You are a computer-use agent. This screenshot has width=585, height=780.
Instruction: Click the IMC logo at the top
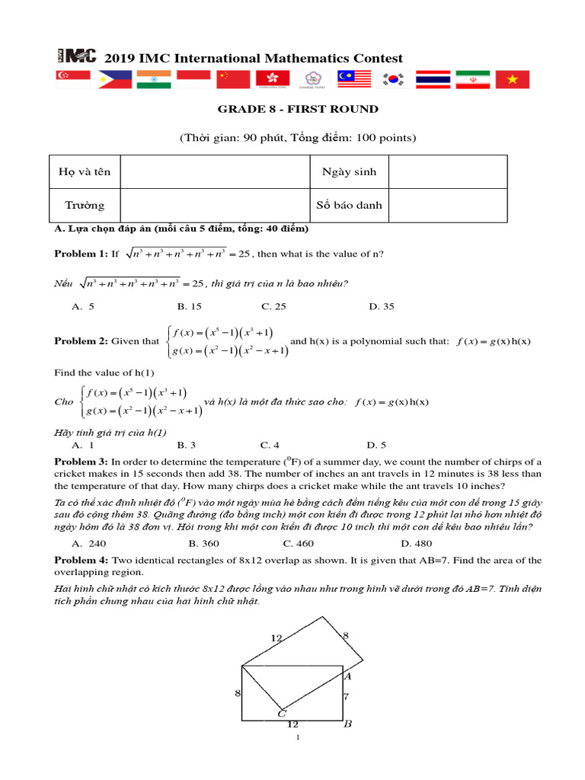click(76, 56)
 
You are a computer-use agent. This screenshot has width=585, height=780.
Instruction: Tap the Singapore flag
click(73, 78)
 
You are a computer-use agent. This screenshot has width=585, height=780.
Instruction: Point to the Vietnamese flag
click(512, 78)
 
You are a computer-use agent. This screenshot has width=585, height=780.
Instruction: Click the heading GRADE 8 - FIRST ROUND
click(298, 109)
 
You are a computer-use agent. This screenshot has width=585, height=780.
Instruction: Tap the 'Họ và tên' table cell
click(85, 171)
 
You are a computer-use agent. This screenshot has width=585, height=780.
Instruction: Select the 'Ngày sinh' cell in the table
click(349, 171)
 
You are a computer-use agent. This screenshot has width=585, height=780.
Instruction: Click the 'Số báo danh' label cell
click(349, 205)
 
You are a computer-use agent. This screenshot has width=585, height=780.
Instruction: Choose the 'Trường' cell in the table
click(85, 205)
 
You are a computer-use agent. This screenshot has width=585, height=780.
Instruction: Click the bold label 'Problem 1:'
click(81, 254)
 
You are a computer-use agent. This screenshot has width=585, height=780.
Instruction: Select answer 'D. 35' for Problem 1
click(382, 306)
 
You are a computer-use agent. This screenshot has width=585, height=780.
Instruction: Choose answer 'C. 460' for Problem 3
click(298, 543)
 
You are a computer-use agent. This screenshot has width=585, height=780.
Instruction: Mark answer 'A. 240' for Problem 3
click(88, 543)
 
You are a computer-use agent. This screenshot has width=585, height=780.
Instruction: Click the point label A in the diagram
click(347, 676)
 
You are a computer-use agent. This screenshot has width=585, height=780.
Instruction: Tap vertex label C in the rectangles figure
click(281, 713)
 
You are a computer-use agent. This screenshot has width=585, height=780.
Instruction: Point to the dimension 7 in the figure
click(346, 695)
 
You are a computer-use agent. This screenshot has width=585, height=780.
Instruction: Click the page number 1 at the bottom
click(298, 738)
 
